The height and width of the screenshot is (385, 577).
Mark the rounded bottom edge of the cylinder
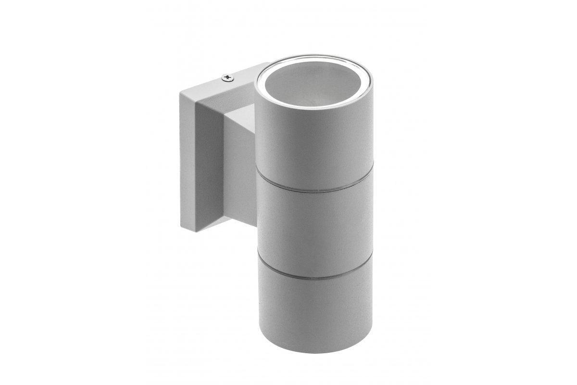point(315,350)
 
